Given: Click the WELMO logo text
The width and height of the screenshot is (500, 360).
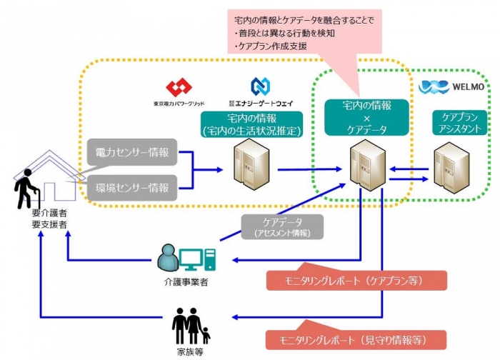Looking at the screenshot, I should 469,88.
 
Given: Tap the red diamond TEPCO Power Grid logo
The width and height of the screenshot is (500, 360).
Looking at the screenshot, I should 179,89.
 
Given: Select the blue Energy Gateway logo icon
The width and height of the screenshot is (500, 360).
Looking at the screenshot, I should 260,88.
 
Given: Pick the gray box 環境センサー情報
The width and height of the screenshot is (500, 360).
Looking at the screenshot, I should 133,188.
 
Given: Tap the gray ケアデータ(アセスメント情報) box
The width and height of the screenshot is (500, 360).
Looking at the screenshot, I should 281,226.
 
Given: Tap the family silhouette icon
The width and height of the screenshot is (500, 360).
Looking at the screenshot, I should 191,326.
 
